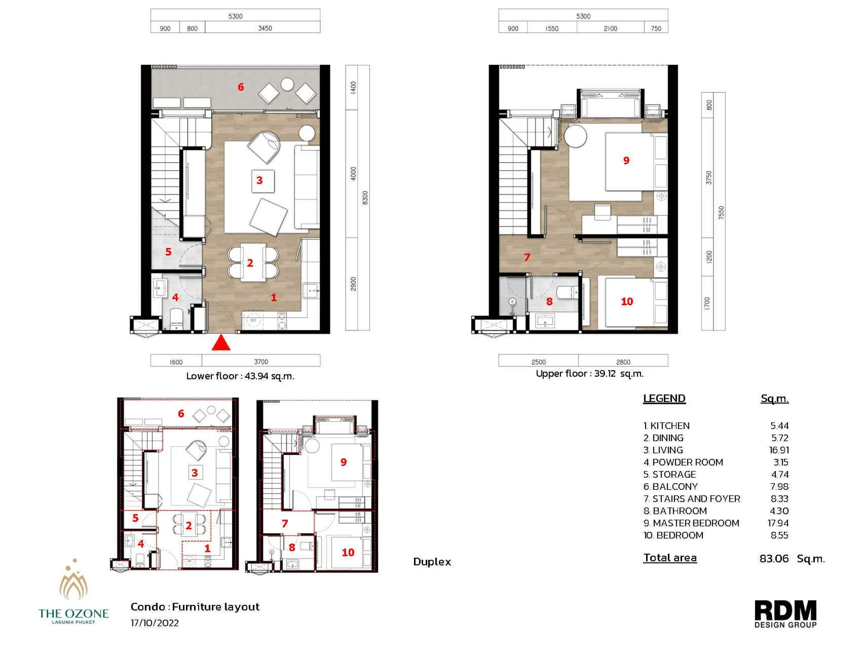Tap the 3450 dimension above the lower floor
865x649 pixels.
264,28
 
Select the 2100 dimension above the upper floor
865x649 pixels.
610,28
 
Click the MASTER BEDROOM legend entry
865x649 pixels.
691,523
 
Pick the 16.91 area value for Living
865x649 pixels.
778,450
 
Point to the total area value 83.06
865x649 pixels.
774,558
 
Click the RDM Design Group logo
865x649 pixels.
785,613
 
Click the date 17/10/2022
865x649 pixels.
155,623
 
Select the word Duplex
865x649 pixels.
432,562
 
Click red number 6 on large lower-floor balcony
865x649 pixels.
241,87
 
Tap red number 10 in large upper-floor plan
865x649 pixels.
627,302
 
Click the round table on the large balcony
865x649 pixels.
287,84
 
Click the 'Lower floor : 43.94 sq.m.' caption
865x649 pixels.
240,376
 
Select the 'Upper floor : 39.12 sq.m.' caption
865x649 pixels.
589,374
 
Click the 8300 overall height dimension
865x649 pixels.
365,197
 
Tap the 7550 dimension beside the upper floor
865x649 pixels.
721,212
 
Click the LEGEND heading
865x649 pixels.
664,398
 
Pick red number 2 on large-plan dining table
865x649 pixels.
250,263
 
